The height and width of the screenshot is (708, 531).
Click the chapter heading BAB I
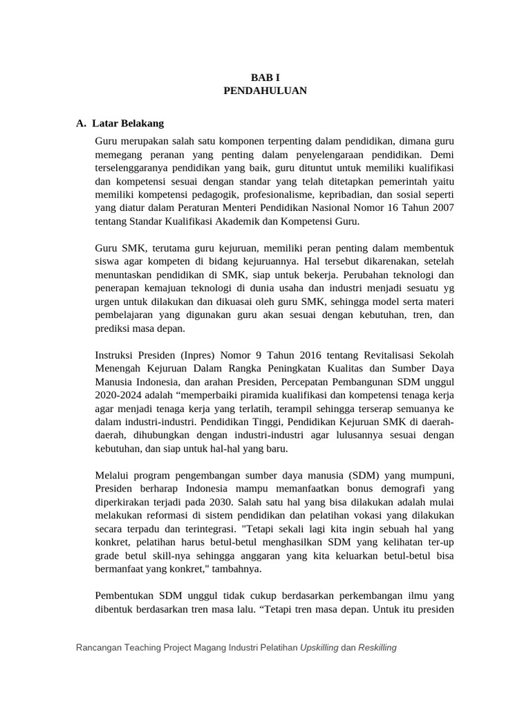[x=265, y=77]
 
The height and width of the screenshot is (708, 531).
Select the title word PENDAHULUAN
[x=265, y=91]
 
